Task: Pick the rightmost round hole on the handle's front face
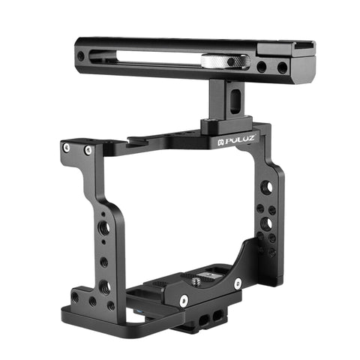280,68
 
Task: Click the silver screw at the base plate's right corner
238,283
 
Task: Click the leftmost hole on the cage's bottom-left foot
73,297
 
